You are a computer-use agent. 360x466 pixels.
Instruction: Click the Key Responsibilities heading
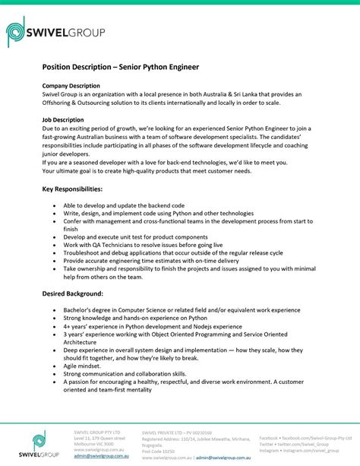pyautogui.click(x=72, y=188)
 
